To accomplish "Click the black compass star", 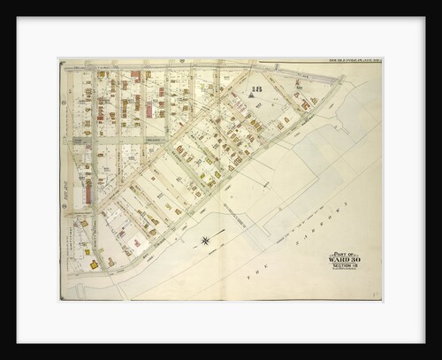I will [x=205, y=240].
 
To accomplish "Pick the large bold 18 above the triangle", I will [x=257, y=92].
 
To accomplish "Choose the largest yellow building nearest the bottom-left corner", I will [x=94, y=264].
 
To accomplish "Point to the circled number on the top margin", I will [x=182, y=61].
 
